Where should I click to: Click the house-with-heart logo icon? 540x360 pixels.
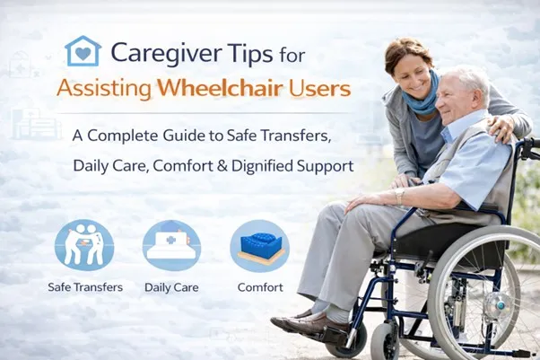(x=83, y=53)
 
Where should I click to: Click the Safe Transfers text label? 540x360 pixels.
(x=84, y=288)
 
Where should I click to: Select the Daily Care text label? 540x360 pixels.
(x=171, y=288)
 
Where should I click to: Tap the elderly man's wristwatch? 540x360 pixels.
(x=398, y=194)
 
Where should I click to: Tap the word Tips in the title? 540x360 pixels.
(x=249, y=53)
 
